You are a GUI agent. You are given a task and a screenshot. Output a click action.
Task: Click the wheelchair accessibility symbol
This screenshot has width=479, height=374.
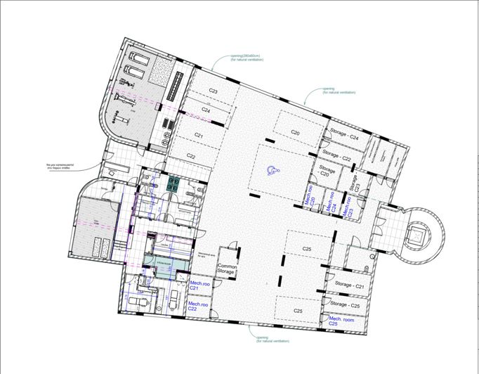pyautogui.click(x=274, y=169)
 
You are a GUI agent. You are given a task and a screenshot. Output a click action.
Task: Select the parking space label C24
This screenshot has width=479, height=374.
pyautogui.click(x=206, y=110)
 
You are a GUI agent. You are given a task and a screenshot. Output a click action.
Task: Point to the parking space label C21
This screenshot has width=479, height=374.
pyautogui.click(x=199, y=135)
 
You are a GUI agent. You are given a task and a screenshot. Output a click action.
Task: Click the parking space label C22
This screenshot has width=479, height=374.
pyautogui.click(x=191, y=155)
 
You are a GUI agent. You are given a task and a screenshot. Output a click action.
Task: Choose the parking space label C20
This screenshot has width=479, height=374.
pyautogui.click(x=296, y=132)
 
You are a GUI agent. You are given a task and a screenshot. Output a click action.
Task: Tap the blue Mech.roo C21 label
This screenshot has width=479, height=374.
pyautogui.click(x=199, y=287)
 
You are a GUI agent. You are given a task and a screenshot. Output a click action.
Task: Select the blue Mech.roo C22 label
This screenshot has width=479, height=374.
pyautogui.click(x=197, y=307)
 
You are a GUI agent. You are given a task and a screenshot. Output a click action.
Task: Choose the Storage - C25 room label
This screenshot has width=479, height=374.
pyautogui.click(x=346, y=306)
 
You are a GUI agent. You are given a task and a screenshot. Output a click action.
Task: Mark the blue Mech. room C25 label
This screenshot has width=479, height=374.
pyautogui.click(x=342, y=321)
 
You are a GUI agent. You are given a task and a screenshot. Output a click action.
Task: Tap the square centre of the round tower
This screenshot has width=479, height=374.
pyautogui.click(x=420, y=237)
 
